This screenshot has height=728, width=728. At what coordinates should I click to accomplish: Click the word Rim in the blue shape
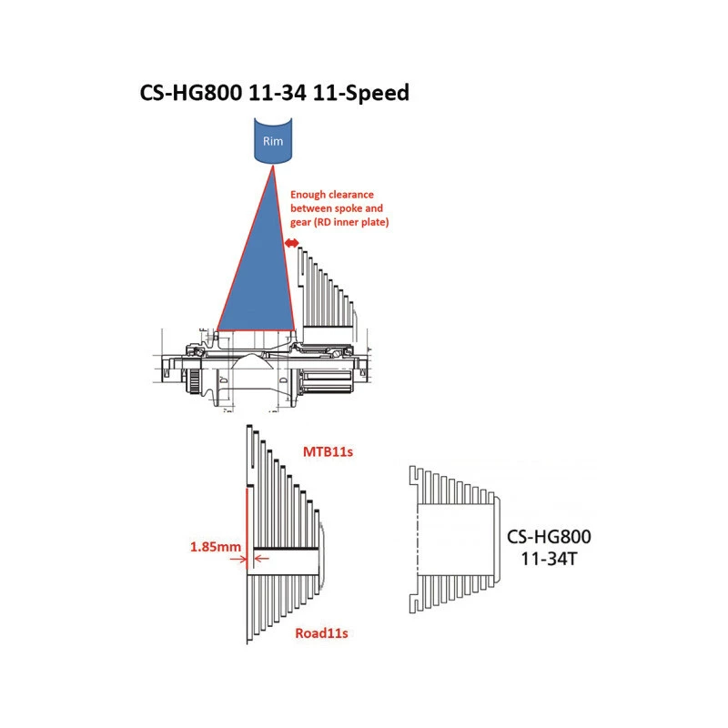coord(273,141)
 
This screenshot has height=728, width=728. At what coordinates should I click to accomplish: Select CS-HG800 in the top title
coord(191,93)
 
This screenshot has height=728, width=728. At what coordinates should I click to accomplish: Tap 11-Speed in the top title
coord(361,93)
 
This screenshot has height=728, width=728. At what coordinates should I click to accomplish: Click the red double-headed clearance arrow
coord(291,243)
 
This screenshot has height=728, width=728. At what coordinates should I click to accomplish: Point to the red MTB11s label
coord(328,451)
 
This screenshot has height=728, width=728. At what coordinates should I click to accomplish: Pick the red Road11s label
coord(321,633)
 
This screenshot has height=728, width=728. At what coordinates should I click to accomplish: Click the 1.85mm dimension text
coord(216,547)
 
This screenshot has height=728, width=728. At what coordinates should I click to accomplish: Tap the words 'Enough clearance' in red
coord(332,195)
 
